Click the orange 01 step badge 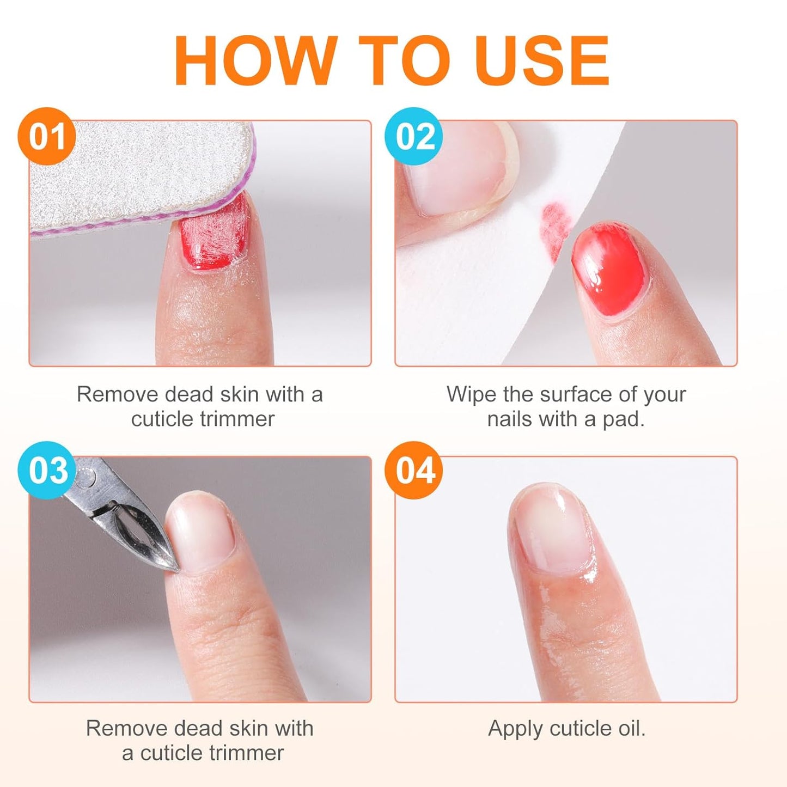pos(46,136)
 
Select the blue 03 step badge pos(46,470)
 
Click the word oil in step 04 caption pos(630,728)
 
